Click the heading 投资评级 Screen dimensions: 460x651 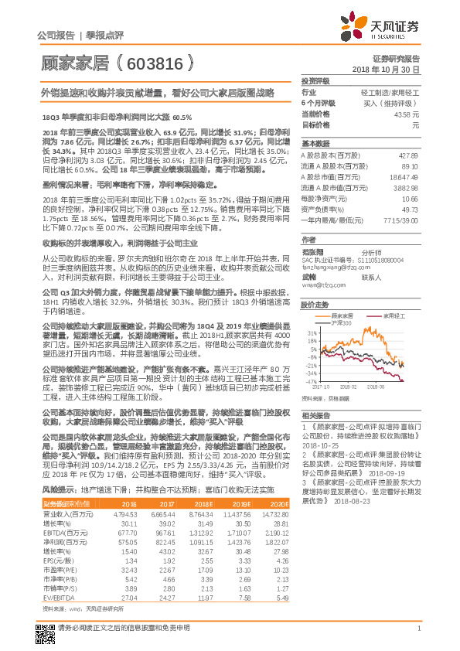(x=315, y=80)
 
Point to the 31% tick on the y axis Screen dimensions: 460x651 (x=311, y=332)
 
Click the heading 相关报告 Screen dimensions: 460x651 (x=315, y=415)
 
